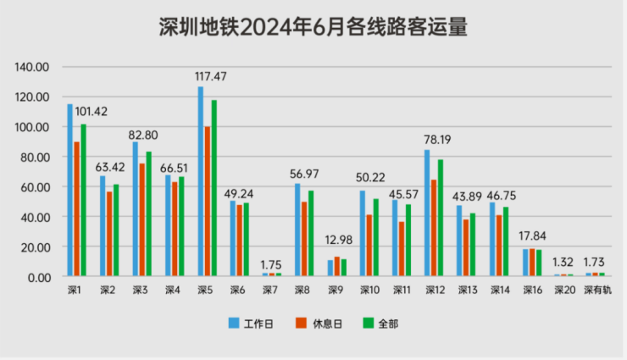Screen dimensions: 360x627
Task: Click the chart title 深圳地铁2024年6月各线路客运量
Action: coord(313,28)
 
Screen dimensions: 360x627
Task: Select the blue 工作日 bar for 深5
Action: coord(201,182)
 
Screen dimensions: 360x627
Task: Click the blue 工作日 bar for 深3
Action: coord(136,209)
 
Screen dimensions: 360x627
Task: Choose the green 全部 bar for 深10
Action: coord(375,238)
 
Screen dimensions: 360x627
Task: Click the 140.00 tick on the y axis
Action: coord(35,67)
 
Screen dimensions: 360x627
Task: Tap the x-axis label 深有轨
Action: coord(596,291)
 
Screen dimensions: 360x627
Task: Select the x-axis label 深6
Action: coord(238,291)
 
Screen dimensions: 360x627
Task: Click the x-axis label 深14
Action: coord(500,291)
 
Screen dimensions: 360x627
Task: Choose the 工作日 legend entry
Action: coord(252,323)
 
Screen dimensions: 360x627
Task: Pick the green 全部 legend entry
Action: coord(377,323)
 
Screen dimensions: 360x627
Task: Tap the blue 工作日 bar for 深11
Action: coord(395,239)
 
